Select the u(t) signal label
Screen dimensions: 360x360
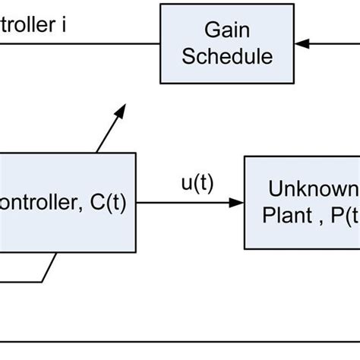pos(196,185)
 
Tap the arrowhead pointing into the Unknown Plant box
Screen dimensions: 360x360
pos(238,203)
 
